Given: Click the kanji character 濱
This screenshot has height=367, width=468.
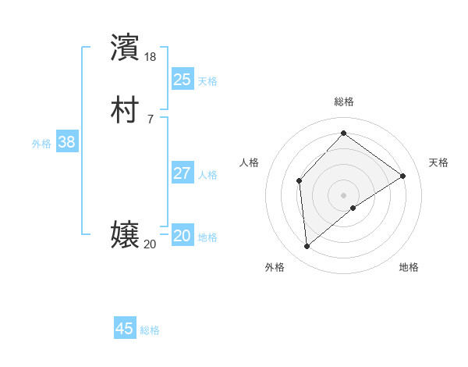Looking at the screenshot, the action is [x=126, y=46].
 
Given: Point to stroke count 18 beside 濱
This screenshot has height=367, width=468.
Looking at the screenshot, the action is [x=150, y=57].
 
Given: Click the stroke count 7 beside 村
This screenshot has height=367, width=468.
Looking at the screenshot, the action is [x=150, y=119].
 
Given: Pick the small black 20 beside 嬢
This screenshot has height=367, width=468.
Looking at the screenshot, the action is [x=150, y=244].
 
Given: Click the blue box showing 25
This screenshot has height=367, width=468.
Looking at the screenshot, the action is [x=182, y=79].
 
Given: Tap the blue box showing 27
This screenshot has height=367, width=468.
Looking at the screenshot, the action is [x=182, y=173].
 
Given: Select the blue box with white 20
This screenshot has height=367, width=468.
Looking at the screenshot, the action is [x=182, y=237].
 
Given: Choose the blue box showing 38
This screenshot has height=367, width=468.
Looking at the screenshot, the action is [x=66, y=142].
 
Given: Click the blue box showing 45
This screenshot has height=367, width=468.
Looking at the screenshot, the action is [x=125, y=329].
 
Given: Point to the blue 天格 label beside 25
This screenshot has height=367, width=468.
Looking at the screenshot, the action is [x=207, y=80].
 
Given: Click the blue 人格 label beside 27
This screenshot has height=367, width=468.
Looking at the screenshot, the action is [x=207, y=175].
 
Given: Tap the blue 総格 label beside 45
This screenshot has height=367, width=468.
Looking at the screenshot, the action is [x=150, y=330].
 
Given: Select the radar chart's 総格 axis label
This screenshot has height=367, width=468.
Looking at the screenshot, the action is [x=344, y=102].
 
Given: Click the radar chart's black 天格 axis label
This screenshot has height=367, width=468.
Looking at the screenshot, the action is [x=438, y=162].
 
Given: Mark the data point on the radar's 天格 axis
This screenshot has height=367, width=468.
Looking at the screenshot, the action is [x=403, y=176].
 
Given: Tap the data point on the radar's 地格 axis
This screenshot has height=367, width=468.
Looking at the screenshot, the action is [x=353, y=208].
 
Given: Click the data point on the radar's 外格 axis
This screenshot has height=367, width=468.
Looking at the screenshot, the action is [x=307, y=246].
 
